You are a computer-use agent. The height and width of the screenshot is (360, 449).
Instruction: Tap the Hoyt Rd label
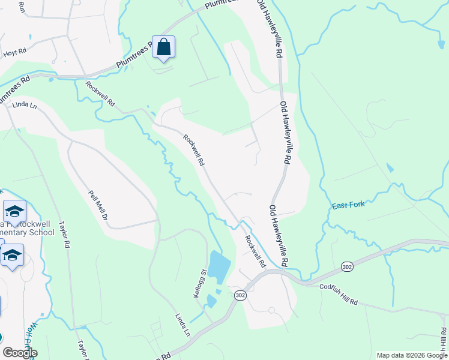pos(14,52)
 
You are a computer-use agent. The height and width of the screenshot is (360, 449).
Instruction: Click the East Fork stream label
pos(349,206)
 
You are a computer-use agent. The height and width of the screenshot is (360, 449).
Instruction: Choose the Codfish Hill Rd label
pos(338,296)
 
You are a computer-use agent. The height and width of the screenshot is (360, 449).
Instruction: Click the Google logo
pos(19,352)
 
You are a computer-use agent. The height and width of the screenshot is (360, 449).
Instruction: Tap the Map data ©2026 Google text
pos(411,355)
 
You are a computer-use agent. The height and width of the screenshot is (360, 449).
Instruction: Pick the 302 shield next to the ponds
pos(240,295)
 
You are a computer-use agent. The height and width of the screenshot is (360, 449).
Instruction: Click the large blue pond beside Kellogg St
pos(218,266)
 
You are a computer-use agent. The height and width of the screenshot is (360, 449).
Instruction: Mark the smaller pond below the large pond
pos(211,301)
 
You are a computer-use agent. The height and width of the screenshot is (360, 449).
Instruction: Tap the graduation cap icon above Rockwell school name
pos(14,212)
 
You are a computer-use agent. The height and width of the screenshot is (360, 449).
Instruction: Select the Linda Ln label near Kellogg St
pos(182,324)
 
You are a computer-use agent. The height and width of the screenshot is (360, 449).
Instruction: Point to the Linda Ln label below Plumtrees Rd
pos(25,106)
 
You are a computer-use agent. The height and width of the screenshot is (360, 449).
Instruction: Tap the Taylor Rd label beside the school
pos(64,236)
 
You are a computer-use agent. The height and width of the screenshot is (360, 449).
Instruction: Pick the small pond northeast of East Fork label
pos(391,167)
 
